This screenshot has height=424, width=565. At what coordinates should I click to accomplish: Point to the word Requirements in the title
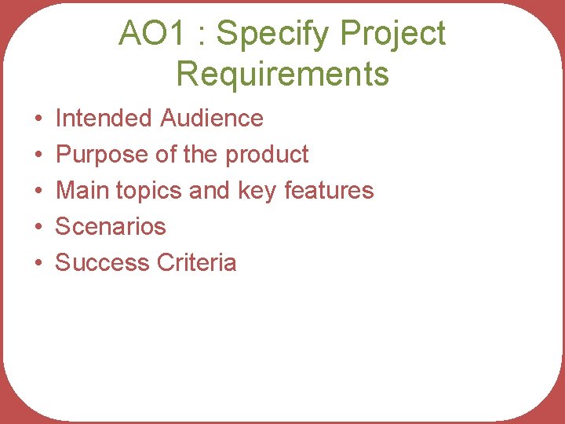[282, 74]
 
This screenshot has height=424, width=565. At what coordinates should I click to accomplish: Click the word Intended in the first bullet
[104, 119]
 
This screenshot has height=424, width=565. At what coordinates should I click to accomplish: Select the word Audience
[212, 119]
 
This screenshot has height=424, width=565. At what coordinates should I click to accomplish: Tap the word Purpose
[103, 155]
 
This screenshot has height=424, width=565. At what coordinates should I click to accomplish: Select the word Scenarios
[111, 227]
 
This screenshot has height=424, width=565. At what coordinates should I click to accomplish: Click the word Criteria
[196, 263]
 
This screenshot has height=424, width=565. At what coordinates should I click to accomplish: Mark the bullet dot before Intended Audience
[38, 119]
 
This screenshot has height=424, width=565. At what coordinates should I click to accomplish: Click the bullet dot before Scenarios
[38, 228]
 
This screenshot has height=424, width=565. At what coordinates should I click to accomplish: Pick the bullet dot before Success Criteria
[38, 264]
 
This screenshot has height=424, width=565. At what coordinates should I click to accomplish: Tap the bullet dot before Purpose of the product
[38, 155]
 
